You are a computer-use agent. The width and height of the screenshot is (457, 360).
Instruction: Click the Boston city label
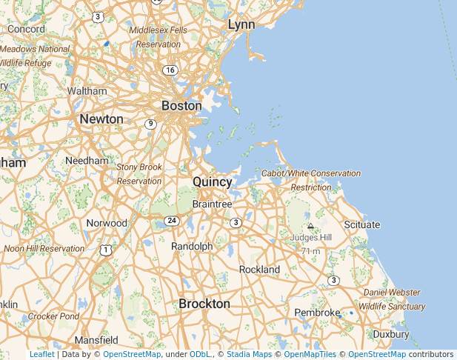pos(181,106)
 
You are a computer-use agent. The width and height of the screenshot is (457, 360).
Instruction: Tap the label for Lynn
pos(241,24)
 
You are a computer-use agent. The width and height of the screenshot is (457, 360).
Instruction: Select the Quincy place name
pos(213,181)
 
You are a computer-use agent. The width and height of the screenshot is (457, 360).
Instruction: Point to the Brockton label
pos(204,304)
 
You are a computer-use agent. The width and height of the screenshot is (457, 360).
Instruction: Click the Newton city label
pos(101,119)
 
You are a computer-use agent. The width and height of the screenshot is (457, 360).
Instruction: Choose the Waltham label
pos(87,91)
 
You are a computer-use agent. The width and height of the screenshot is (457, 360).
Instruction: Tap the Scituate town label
pos(362,224)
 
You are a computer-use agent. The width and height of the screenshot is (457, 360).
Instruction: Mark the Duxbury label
pos(391,334)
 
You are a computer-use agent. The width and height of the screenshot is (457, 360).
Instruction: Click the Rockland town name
pos(259,270)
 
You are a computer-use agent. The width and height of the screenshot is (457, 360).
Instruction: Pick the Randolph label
pos(192,246)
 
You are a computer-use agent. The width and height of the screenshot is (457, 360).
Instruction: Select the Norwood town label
pos(107,223)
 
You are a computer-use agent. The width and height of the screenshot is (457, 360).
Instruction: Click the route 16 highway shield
pos(171,70)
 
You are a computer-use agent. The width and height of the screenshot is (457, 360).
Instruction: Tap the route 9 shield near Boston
pos(150,124)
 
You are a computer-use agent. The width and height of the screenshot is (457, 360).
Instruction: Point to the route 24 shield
pos(172,221)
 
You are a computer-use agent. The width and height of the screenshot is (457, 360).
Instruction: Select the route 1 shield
pos(107,250)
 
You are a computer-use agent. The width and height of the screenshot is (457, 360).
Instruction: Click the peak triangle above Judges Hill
pos(311,225)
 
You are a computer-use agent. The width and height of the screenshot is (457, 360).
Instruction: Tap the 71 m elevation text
pos(311,251)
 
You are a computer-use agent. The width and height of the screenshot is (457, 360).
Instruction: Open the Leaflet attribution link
pos(42,354)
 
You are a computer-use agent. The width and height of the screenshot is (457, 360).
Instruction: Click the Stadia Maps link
pos(249,354)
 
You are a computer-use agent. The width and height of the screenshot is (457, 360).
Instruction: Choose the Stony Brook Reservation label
pos(139,174)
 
